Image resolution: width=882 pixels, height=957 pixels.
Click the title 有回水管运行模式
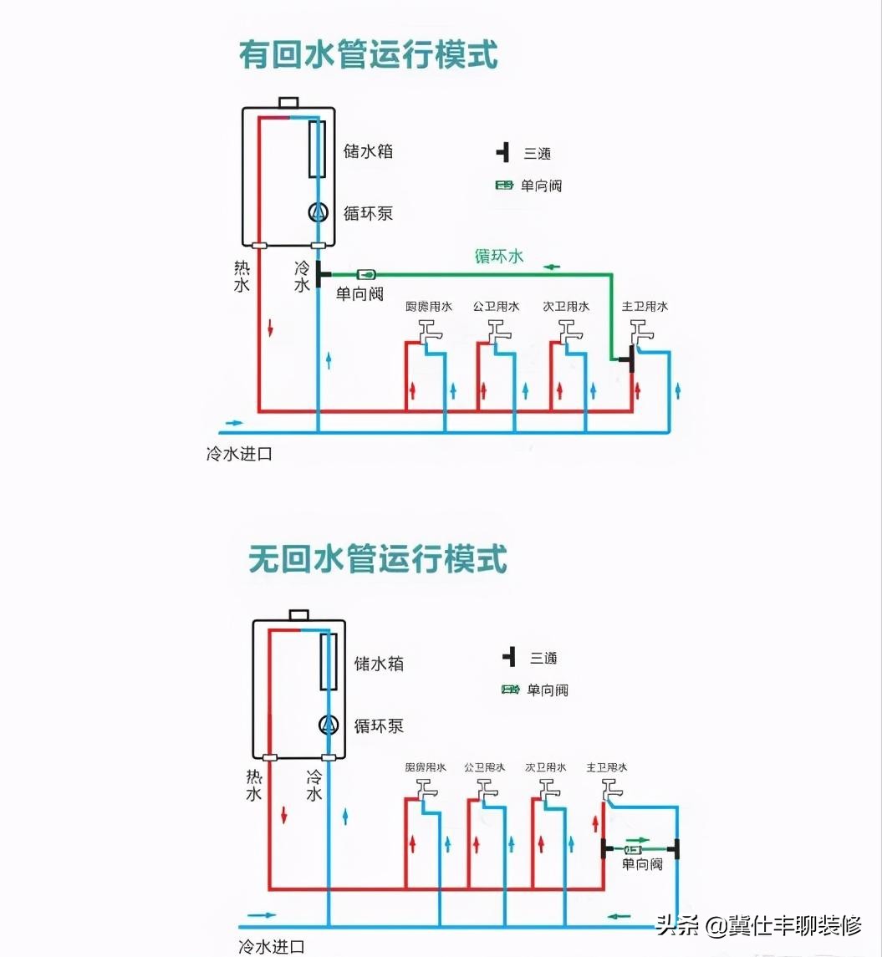click(369, 56)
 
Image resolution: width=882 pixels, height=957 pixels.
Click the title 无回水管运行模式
click(378, 559)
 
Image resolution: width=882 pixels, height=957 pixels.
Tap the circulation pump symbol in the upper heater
click(318, 212)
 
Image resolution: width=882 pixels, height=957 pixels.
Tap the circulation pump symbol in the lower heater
click(329, 725)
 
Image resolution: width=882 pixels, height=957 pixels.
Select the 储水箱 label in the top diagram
click(368, 152)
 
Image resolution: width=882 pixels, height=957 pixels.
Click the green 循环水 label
click(499, 256)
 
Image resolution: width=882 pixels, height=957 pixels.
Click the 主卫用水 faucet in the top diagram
click(642, 333)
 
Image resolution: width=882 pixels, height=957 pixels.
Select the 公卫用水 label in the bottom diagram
click(485, 767)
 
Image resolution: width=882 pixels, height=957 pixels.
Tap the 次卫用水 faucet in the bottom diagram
click(548, 790)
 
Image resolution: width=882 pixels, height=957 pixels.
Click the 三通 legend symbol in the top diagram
click(502, 153)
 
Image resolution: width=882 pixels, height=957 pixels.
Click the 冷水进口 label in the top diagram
click(239, 455)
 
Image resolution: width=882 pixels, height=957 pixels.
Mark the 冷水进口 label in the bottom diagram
click(272, 946)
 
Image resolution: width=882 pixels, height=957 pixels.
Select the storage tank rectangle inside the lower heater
click(329, 661)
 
